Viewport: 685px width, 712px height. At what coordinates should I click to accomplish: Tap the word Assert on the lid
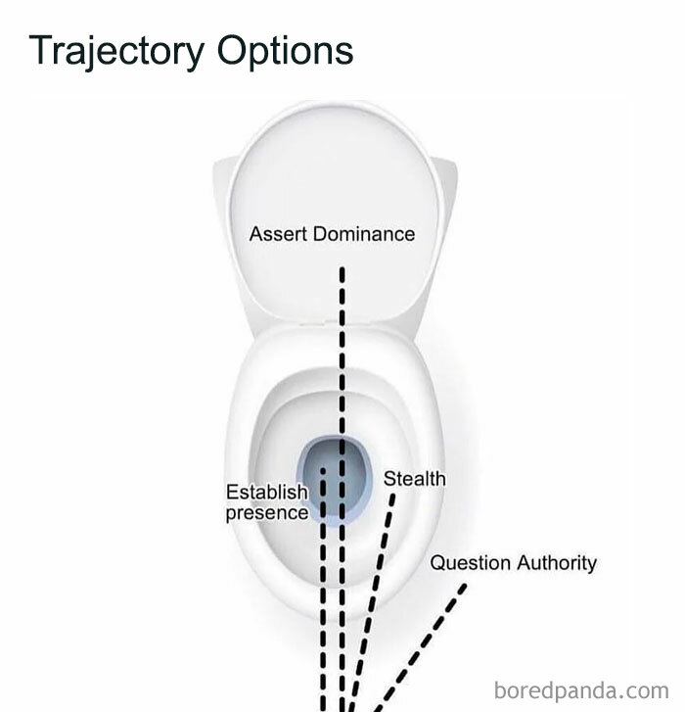(276, 234)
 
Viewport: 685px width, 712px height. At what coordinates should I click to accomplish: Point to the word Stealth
(414, 479)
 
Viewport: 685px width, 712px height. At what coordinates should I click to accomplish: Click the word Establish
(266, 492)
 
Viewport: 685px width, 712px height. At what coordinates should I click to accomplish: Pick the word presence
(266, 512)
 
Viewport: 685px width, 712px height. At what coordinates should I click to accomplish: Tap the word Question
(471, 563)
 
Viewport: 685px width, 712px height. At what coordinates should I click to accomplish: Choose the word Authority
(557, 563)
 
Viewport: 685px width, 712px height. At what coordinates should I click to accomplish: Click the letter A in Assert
(255, 234)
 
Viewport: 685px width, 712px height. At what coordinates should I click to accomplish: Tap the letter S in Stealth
(389, 479)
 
